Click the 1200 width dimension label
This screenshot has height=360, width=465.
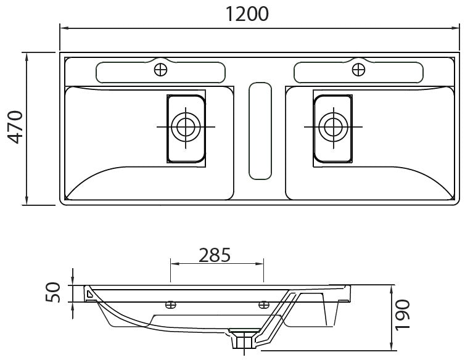pyautogui.click(x=246, y=13)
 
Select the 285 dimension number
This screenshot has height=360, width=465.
pyautogui.click(x=215, y=254)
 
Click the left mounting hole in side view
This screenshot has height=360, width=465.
pyautogui.click(x=171, y=304)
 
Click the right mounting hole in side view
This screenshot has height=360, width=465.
pyautogui.click(x=264, y=304)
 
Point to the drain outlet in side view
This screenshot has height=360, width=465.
pyautogui.click(x=245, y=341)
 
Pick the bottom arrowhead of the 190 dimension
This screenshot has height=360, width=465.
pyautogui.click(x=393, y=348)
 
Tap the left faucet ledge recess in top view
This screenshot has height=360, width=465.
pyautogui.click(x=123, y=73)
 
